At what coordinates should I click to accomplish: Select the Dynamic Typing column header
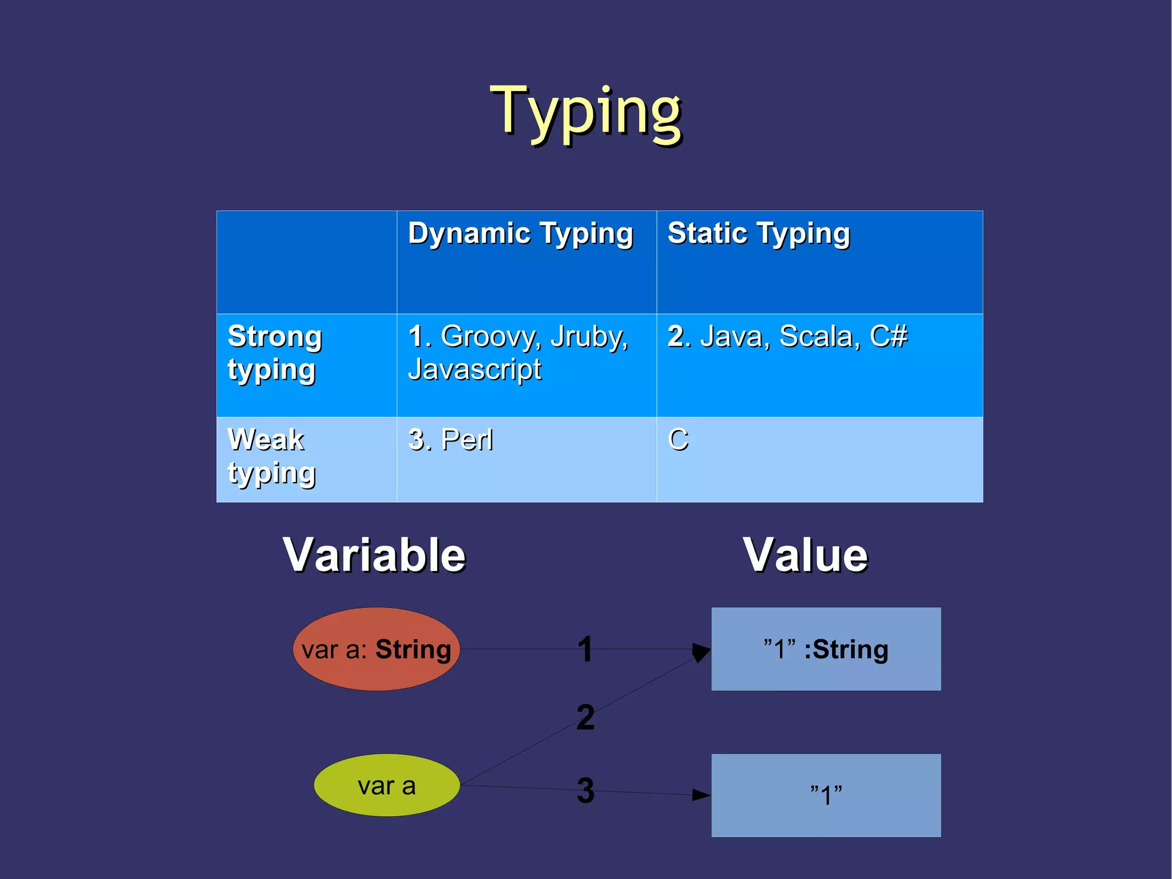[520, 234]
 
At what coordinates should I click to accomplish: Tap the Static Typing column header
[758, 234]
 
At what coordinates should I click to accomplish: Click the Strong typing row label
[274, 353]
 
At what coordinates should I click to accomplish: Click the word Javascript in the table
[474, 369]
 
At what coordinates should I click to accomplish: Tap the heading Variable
[374, 555]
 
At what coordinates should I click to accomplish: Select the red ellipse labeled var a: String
[376, 649]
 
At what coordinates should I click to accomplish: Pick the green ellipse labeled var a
[386, 786]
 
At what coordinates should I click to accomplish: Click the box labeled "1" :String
[825, 649]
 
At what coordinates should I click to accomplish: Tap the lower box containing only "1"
[825, 795]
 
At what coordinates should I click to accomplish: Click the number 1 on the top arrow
[584, 649]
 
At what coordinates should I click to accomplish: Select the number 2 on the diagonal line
[585, 718]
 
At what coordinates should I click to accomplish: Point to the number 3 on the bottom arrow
[585, 790]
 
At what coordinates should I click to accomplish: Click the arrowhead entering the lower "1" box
[701, 795]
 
